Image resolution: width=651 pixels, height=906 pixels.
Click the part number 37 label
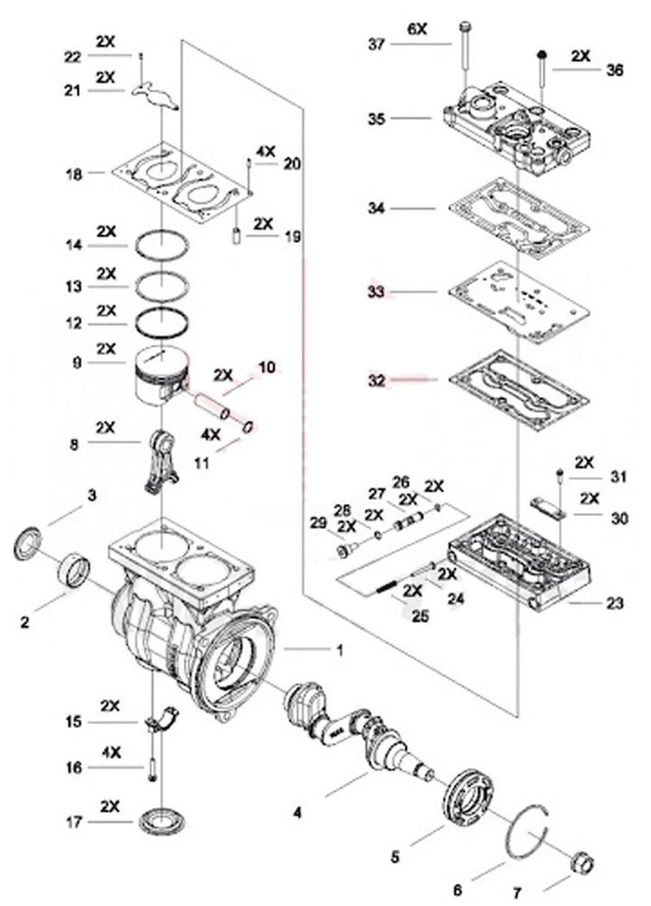click(376, 44)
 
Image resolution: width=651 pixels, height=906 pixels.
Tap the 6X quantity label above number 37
click(417, 28)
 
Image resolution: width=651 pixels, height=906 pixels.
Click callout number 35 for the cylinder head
click(376, 118)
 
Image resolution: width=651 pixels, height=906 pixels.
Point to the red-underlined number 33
click(376, 292)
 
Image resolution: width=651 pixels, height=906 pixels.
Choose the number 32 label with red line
click(376, 381)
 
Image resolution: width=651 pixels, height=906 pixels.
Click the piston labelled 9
click(162, 376)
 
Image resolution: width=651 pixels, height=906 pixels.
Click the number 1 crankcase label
click(340, 650)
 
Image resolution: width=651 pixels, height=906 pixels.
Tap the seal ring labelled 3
click(28, 544)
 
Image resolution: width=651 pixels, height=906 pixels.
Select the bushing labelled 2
click(75, 571)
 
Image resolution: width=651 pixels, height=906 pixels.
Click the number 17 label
click(73, 822)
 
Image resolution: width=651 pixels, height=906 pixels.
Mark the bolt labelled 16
click(152, 771)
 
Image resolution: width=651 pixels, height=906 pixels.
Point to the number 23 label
click(615, 602)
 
